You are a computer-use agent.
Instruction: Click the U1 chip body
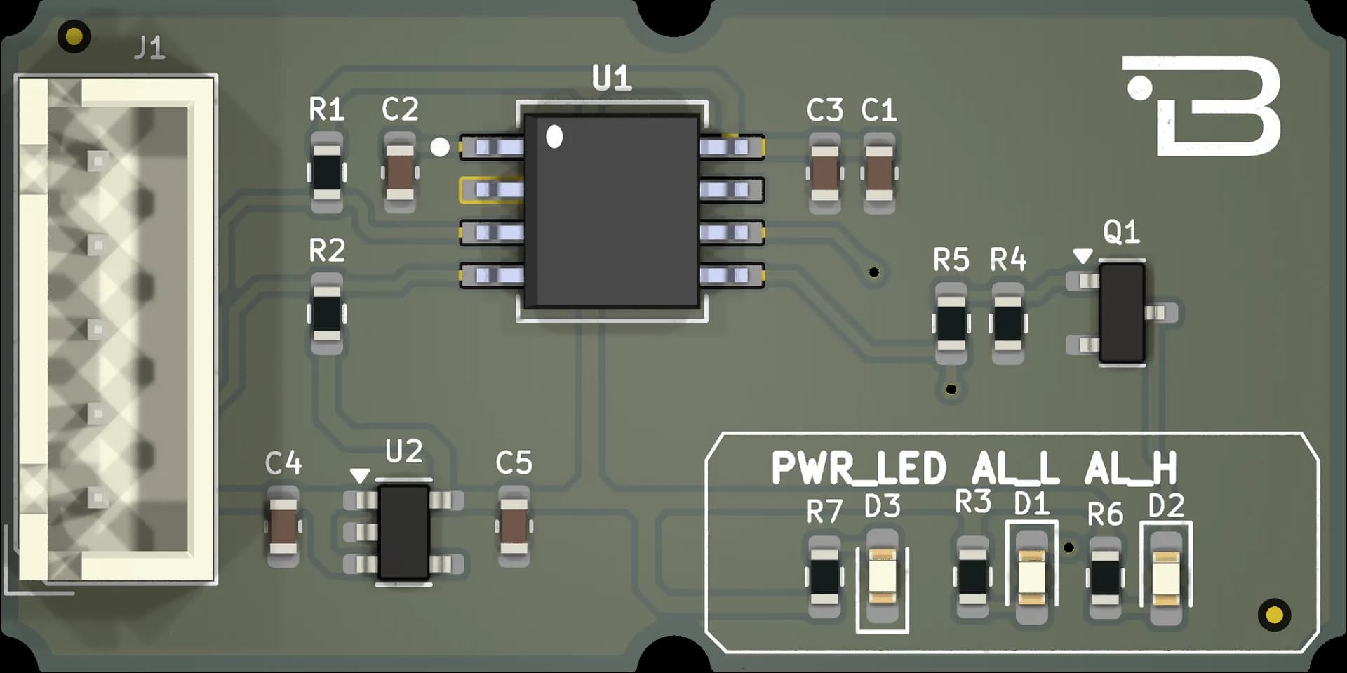pyautogui.click(x=612, y=211)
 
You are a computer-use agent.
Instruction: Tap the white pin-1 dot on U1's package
pyautogui.click(x=554, y=136)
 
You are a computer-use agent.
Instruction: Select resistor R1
pyautogui.click(x=326, y=173)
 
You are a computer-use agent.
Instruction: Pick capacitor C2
pyautogui.click(x=401, y=173)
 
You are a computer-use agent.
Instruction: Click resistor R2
pyautogui.click(x=326, y=313)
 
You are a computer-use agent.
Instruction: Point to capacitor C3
pyautogui.click(x=825, y=173)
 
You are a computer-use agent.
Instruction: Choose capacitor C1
pyautogui.click(x=879, y=173)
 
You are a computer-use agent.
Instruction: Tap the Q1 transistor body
pyautogui.click(x=1122, y=312)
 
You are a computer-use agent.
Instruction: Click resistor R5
pyautogui.click(x=951, y=324)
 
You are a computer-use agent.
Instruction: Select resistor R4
pyautogui.click(x=1008, y=324)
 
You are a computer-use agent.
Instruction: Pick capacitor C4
pyautogui.click(x=283, y=527)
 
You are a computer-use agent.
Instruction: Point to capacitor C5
pyautogui.click(x=514, y=527)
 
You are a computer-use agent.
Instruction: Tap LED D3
pyautogui.click(x=883, y=577)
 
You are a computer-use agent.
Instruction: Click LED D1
pyautogui.click(x=1032, y=577)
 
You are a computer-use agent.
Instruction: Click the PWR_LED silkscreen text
pyautogui.click(x=859, y=468)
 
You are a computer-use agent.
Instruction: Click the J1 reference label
pyautogui.click(x=149, y=48)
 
